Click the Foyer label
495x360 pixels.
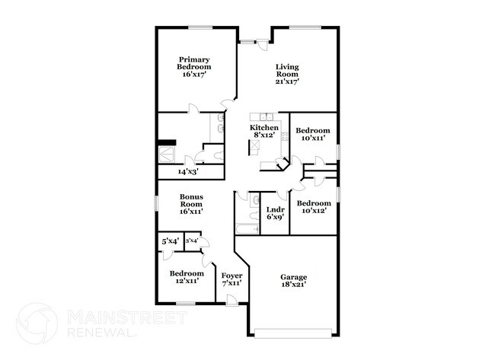[232, 275]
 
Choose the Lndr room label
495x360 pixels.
[275, 209]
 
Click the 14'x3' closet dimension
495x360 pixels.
[187, 172]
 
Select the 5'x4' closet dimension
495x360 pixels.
[170, 241]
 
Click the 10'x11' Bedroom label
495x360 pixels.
[312, 130]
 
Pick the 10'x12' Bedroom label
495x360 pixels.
[313, 203]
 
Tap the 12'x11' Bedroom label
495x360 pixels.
[187, 273]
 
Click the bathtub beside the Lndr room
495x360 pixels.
[246, 228]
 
